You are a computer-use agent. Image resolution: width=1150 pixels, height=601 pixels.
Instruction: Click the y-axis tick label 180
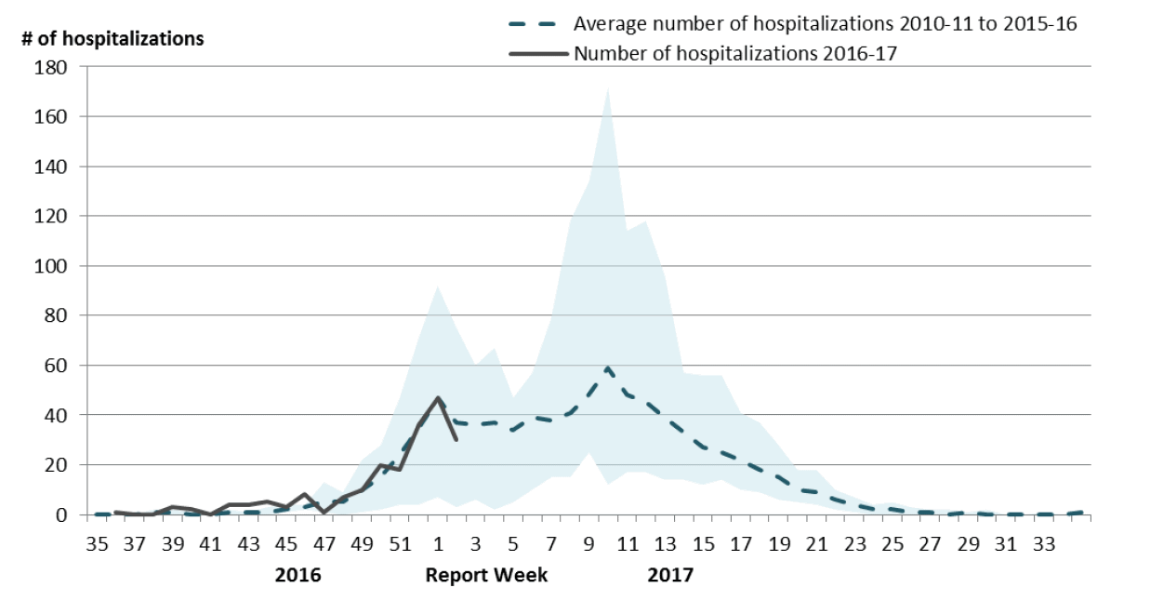pos(52,68)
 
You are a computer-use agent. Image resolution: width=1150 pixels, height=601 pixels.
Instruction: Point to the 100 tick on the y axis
pos(52,266)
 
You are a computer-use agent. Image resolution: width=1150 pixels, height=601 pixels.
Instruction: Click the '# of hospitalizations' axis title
pos(112,39)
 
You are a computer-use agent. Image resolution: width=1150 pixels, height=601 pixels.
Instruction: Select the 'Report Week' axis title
pos(486,575)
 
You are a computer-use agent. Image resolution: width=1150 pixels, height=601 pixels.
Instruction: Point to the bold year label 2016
pos(297,575)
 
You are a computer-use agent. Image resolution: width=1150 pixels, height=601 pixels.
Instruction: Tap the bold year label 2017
pos(670,575)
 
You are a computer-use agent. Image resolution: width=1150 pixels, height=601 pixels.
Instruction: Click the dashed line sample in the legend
pos(536,24)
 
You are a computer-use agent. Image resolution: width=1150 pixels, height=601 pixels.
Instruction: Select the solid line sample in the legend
pos(536,53)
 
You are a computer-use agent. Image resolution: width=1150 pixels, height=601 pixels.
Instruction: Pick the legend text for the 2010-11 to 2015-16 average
pos(825,24)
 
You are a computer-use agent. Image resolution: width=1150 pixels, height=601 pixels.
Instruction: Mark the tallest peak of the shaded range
pos(608,88)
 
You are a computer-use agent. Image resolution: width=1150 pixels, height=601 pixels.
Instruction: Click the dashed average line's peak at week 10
pos(608,368)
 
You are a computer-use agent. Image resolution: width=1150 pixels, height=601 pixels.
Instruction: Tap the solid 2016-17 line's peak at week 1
pos(437,398)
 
